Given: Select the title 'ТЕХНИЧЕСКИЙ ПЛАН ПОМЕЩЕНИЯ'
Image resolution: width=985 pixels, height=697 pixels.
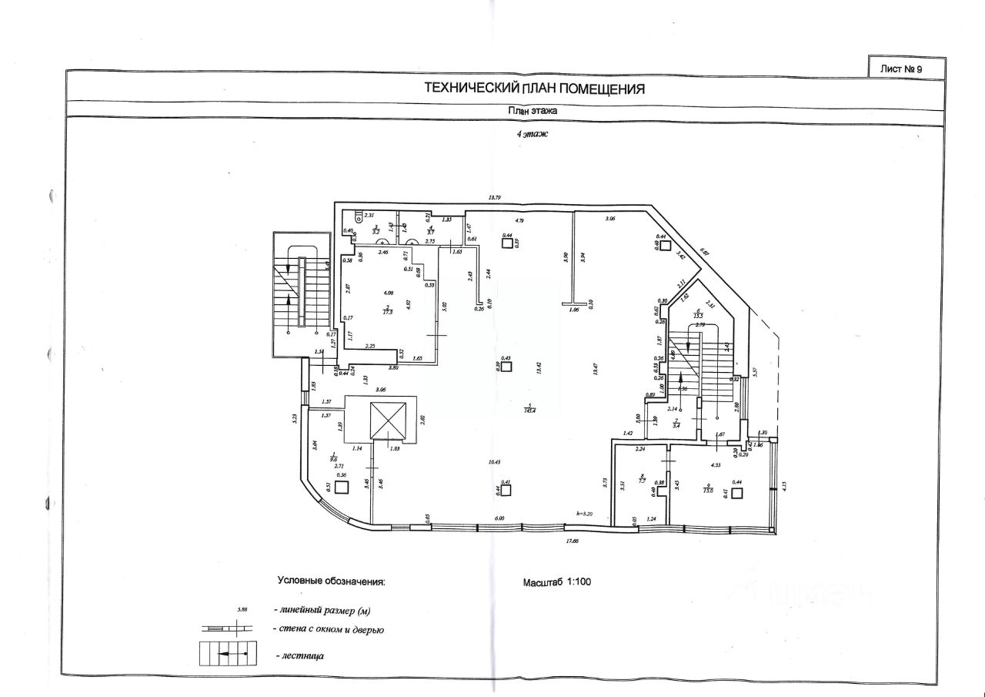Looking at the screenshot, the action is pos(534,89).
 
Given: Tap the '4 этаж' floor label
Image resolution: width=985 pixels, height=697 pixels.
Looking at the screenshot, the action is pos(532,133).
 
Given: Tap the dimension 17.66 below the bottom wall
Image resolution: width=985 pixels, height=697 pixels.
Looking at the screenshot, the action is pos(570,541).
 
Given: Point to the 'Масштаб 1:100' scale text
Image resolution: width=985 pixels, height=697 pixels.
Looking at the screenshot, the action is pos(556,581).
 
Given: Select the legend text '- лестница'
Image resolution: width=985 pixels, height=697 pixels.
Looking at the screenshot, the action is pos(300,657).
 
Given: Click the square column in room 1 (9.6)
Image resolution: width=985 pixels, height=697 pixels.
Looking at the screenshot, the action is pos(342,486).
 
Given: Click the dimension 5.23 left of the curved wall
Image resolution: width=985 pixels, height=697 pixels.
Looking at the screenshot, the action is pos(295,420).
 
